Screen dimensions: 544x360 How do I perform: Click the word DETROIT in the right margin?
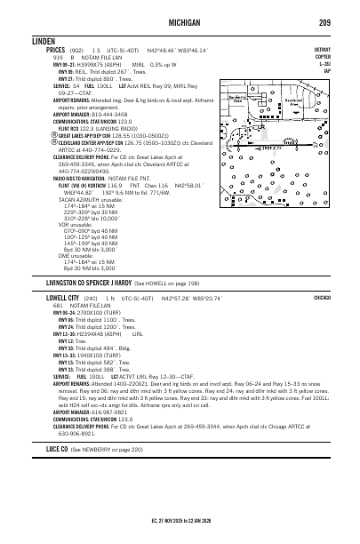pos(322,52)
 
